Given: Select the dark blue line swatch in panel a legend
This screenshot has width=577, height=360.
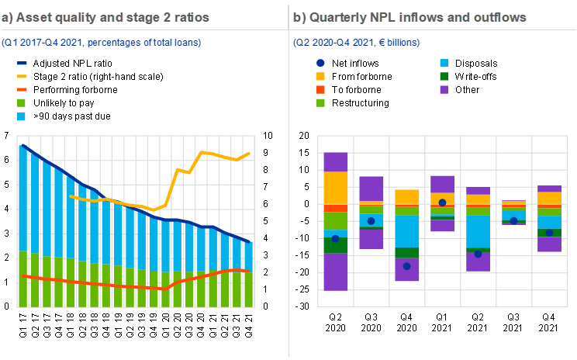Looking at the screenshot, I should (x=22, y=64).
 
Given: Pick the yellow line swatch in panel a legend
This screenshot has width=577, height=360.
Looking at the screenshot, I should (x=22, y=76).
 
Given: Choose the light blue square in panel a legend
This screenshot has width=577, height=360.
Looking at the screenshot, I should (x=22, y=116).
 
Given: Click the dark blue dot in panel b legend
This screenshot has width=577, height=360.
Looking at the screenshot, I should (x=321, y=63).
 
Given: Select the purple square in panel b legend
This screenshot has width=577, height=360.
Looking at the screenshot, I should (x=444, y=89).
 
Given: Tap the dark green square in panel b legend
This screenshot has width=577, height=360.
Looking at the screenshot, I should (x=444, y=76).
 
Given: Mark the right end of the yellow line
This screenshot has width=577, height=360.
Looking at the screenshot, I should (x=250, y=153).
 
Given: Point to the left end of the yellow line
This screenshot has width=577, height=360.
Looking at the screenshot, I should (x=71, y=196).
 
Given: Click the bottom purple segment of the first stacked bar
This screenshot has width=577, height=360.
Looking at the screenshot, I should (x=335, y=272).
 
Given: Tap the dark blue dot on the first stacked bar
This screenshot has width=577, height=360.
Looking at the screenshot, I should (x=335, y=238).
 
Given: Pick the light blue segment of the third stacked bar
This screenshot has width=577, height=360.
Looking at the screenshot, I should (x=406, y=231).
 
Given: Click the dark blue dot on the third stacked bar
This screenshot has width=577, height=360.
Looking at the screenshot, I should (x=406, y=266).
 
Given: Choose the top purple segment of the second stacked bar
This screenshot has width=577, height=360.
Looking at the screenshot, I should (x=371, y=188).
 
